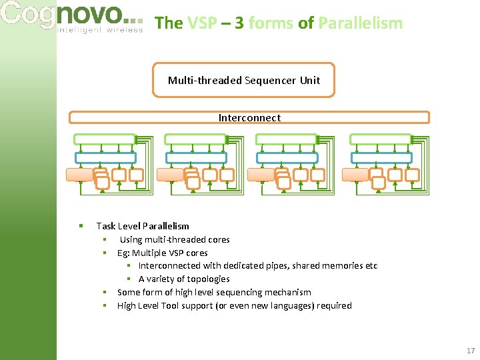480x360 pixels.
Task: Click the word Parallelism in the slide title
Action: pos(360,23)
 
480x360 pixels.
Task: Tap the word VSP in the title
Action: pos(201,23)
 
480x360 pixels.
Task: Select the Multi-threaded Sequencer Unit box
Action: pos(243,80)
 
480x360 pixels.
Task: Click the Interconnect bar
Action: pos(249,118)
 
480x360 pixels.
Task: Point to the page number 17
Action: pos(471,351)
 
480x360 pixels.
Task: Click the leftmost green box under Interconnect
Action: pos(104,139)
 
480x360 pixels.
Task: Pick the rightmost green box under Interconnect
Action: pos(380,139)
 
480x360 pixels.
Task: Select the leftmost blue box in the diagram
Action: pos(105,158)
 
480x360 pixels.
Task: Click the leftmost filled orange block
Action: pos(79,175)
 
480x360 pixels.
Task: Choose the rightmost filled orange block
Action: pos(355,175)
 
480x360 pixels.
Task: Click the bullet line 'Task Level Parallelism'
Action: pos(143,226)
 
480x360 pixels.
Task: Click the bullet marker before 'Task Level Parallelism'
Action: pos(80,226)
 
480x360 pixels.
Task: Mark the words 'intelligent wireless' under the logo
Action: pos(100,30)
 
